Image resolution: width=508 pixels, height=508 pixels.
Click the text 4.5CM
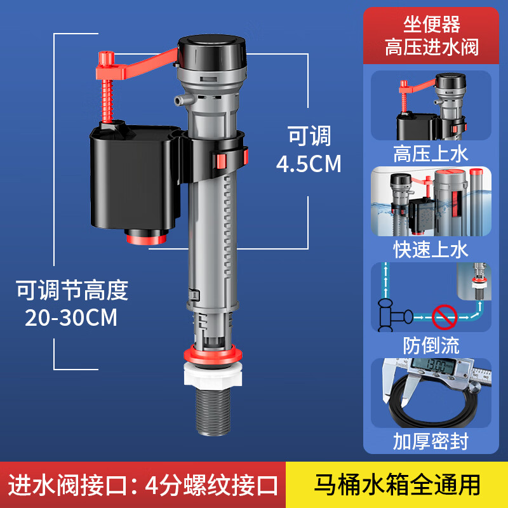point(309,164)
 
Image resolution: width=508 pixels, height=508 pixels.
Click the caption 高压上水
point(431,155)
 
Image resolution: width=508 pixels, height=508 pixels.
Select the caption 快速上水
point(431,248)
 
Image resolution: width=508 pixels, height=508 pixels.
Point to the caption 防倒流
point(431,345)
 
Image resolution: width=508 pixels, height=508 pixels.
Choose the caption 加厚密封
point(431,441)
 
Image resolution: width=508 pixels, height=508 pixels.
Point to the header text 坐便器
point(431,25)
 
